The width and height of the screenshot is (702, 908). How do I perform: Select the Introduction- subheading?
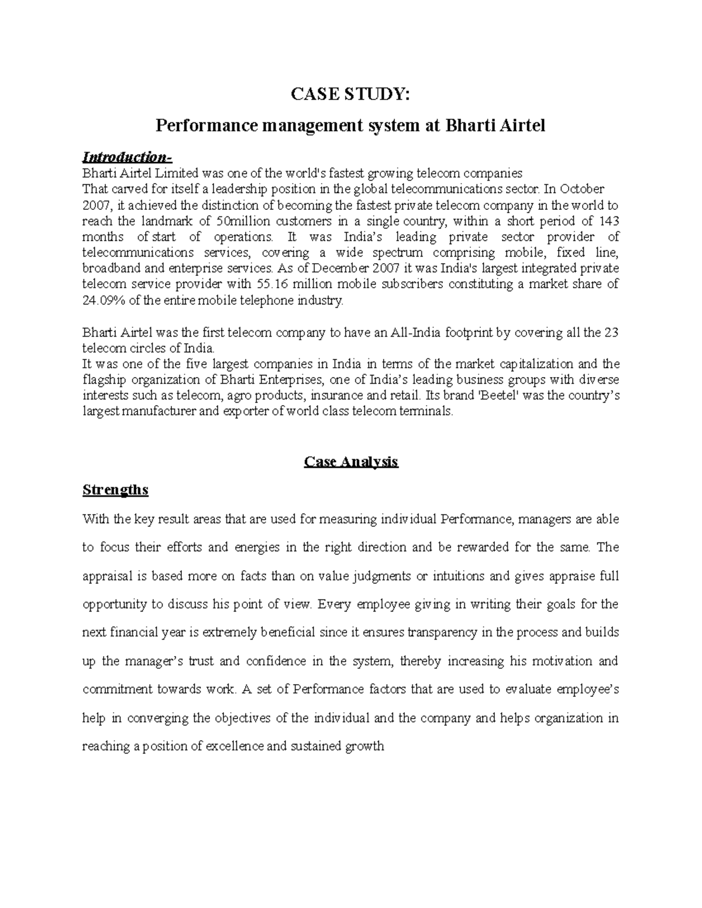tap(128, 157)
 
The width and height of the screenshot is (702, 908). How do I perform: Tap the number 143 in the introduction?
tap(608, 222)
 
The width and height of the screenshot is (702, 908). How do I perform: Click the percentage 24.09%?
tap(101, 301)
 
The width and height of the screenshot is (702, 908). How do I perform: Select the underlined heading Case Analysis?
tap(351, 462)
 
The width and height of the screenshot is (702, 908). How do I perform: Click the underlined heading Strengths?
tap(116, 490)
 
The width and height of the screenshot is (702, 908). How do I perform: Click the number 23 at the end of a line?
tap(611, 333)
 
